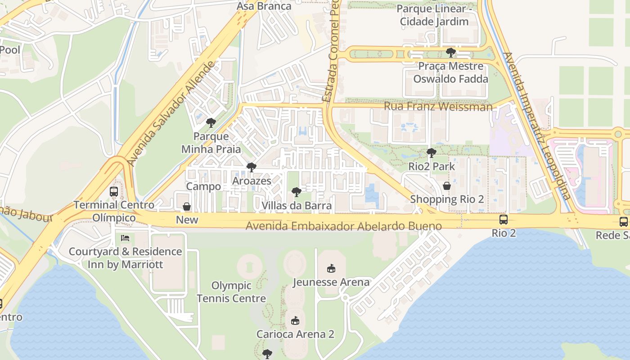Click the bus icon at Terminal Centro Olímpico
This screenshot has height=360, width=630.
click(x=114, y=192)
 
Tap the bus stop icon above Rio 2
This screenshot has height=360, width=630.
click(x=503, y=220)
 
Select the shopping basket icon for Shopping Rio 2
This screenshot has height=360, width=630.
click(x=446, y=186)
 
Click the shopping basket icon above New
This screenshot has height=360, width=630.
click(x=187, y=207)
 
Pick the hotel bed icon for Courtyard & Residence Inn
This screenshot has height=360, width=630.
click(x=125, y=238)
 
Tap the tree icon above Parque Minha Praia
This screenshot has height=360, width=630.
click(x=211, y=123)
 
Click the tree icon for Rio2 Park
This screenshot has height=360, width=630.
click(x=431, y=153)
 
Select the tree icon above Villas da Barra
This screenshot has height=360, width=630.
click(x=296, y=193)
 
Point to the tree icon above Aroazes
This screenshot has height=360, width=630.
click(x=251, y=168)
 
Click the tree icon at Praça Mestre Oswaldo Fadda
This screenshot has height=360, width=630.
click(x=450, y=53)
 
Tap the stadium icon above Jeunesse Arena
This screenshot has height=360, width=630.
click(x=331, y=268)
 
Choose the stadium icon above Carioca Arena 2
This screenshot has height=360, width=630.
click(x=295, y=320)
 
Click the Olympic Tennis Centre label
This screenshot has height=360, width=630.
click(x=231, y=292)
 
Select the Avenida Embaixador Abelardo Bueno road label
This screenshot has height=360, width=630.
click(x=343, y=226)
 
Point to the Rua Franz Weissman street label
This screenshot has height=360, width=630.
click(x=438, y=107)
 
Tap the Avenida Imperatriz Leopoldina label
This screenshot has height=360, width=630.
click(x=537, y=126)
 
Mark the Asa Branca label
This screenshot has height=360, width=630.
click(x=264, y=6)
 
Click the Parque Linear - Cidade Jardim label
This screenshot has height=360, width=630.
click(x=434, y=15)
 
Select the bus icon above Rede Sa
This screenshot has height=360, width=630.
click(x=623, y=221)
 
